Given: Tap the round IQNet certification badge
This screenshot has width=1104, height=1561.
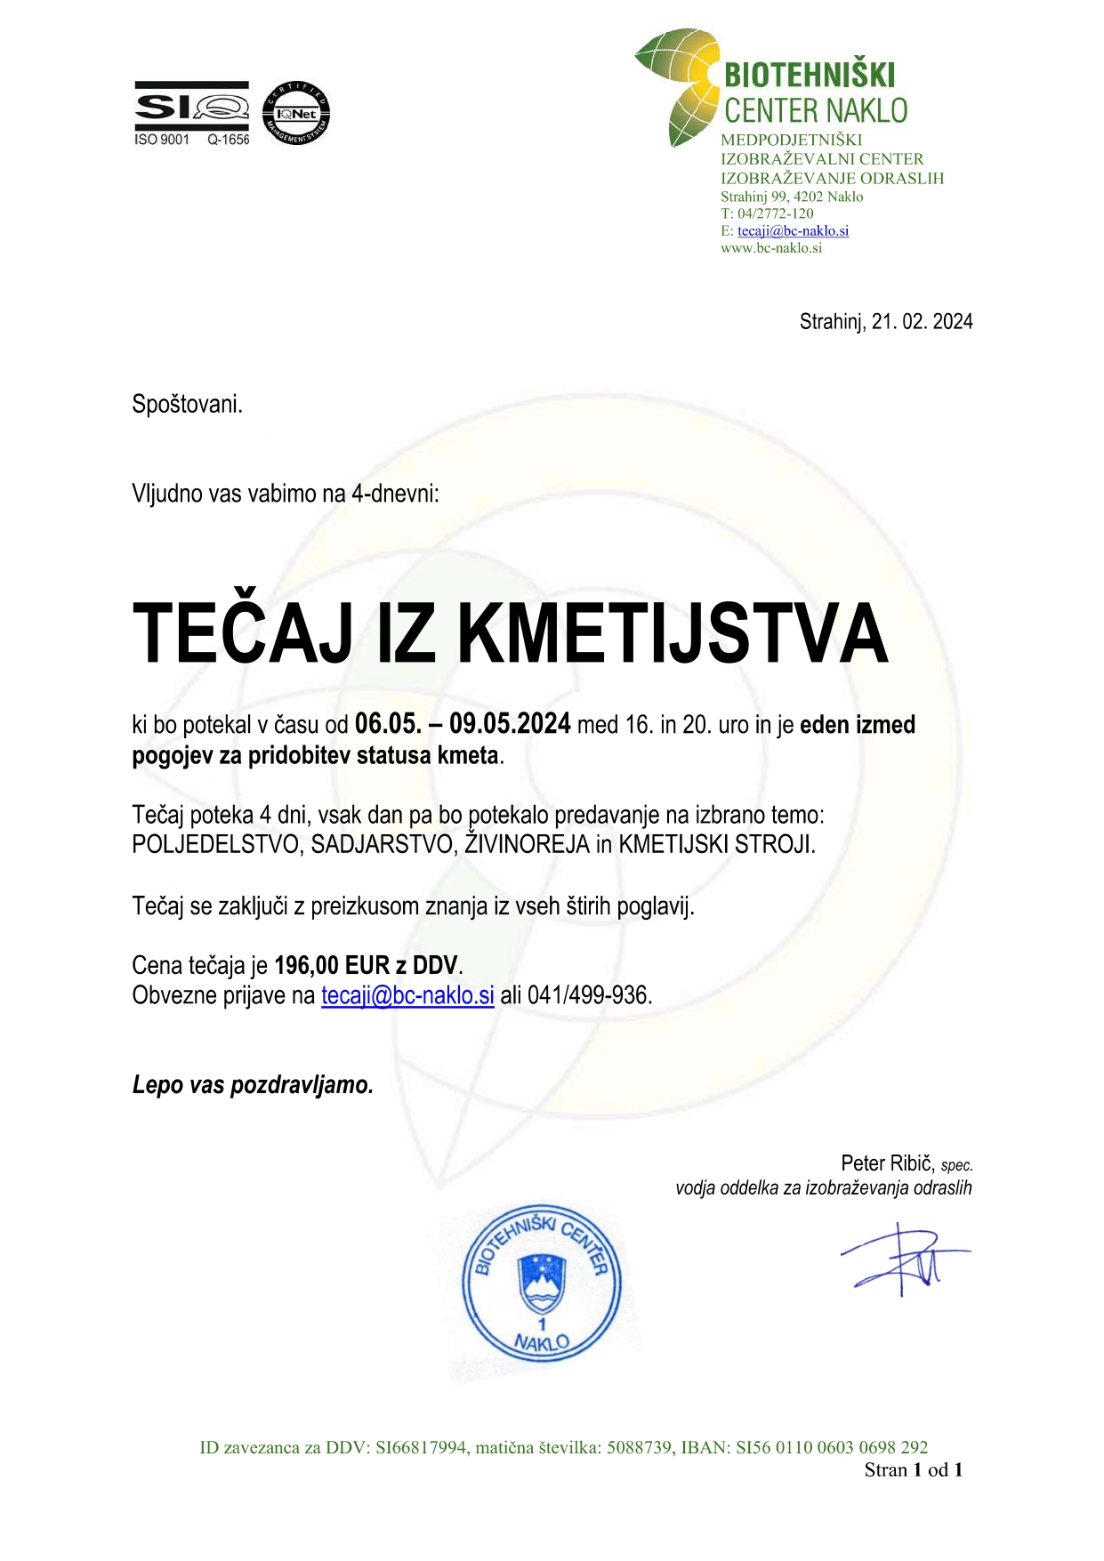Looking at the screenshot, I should pos(296,113).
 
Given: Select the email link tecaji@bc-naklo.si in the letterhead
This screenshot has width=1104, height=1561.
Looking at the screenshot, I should pos(793,231).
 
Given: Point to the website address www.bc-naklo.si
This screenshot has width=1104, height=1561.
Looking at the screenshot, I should pos(770,248).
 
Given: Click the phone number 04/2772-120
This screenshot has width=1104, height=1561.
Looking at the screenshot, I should pos(775,213).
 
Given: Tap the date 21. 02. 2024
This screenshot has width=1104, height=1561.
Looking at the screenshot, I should pos(922,322).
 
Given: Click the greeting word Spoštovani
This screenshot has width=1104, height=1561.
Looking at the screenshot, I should pos(187,405).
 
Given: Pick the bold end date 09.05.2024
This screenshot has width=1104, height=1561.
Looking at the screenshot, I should pos(509,724).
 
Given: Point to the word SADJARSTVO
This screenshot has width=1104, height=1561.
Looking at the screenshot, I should pos(383,844).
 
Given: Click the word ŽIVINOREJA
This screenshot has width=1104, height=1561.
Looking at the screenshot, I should pos(527,844).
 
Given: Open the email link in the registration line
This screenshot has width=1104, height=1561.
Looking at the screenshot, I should pos(407,995).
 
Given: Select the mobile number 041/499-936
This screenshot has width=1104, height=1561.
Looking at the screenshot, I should pos(588,995).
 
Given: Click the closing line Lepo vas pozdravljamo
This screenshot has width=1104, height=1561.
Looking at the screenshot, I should pos(253,1085).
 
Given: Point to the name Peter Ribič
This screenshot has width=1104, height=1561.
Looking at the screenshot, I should pos(887,1163).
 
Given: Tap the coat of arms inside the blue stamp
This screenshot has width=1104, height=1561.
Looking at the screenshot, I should pos(542,1283).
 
